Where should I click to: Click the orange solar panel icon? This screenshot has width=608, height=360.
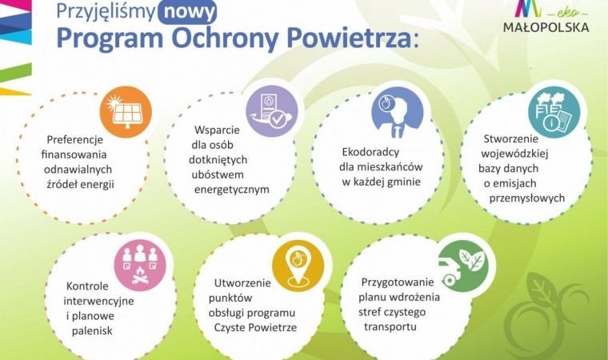[125, 110]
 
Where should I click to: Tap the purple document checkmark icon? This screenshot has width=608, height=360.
[270, 111]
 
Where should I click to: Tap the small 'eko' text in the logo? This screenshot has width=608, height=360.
[557, 11]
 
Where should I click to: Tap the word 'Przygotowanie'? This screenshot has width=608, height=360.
[397, 282]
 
